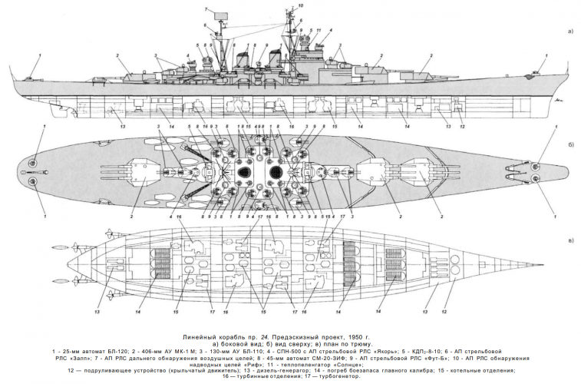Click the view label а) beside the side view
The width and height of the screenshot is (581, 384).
pyautogui.click(x=569, y=31)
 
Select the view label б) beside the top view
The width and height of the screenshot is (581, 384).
pyautogui.click(x=569, y=144)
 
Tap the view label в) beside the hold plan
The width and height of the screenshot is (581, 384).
pyautogui.click(x=569, y=240)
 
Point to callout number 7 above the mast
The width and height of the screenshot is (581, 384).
pyautogui.click(x=206, y=8)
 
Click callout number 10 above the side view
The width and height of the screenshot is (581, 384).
pyautogui.click(x=300, y=5)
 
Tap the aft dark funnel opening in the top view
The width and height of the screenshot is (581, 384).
pyautogui.click(x=246, y=172)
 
